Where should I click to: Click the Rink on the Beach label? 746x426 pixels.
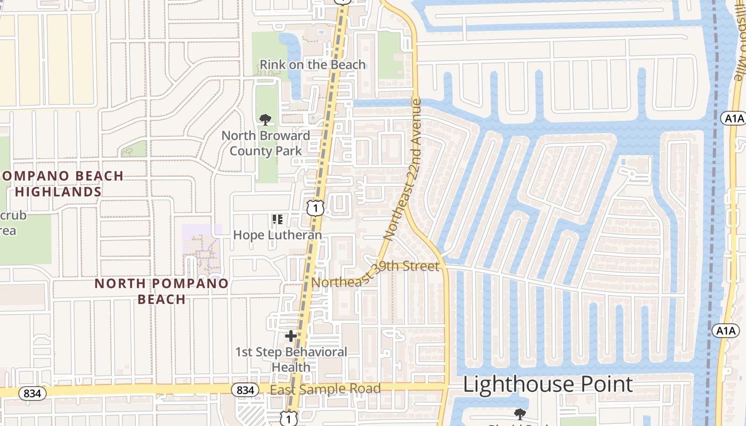point(313,65)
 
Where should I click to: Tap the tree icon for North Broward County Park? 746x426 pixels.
point(265,120)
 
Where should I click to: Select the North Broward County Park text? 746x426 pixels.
point(265,143)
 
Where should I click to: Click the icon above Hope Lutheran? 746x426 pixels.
point(277,219)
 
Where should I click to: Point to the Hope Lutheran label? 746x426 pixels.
point(278,235)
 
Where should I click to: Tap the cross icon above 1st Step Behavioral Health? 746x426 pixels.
point(291,336)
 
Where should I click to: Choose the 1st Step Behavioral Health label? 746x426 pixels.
point(291,359)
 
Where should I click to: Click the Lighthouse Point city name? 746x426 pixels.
point(548,384)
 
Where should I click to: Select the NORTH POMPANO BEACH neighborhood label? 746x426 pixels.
point(161,291)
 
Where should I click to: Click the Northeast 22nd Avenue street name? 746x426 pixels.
point(403,169)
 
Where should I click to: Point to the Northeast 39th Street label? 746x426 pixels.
point(376,274)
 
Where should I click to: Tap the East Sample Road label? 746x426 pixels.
point(325,389)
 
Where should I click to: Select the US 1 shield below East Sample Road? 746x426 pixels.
point(289,419)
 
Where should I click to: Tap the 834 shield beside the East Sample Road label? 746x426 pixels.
point(245,390)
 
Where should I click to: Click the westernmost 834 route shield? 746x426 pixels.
point(33,394)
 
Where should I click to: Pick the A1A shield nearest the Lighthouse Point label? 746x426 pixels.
point(725,331)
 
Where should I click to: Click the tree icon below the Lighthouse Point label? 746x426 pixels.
point(520,414)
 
